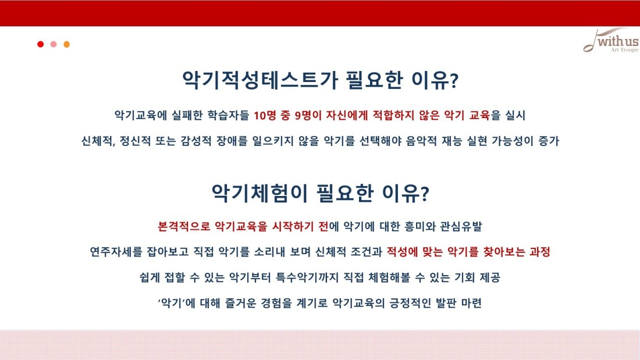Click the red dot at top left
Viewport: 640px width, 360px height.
click(40, 44)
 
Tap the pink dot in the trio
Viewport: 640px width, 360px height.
click(54, 44)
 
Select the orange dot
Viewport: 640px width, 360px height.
click(66, 44)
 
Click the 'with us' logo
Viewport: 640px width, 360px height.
click(611, 40)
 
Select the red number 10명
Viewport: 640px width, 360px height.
click(265, 116)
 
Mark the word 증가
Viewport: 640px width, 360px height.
click(549, 141)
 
